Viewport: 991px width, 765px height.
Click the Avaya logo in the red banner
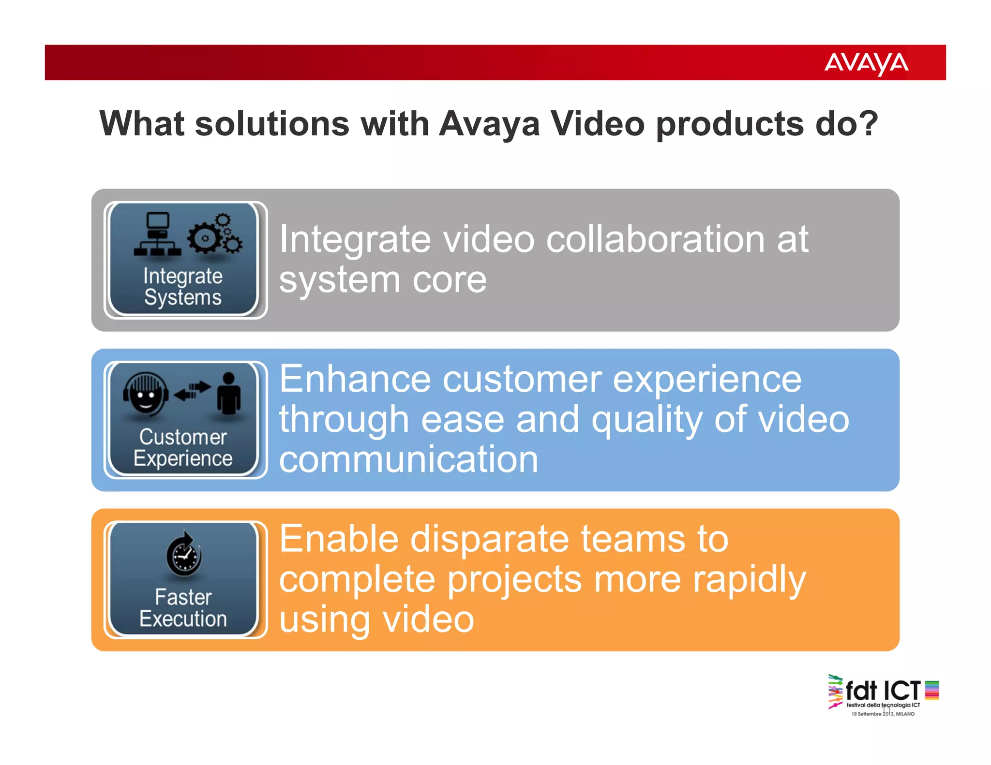(866, 63)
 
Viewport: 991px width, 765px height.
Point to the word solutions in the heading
(272, 124)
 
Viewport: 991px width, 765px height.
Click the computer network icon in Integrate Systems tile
(158, 235)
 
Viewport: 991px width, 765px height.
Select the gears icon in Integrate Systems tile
(214, 235)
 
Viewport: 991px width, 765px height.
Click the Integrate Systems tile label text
(183, 286)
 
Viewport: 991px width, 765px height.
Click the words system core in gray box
(383, 280)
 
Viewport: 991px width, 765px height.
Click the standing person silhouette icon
(228, 394)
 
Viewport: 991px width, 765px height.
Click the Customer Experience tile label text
(183, 447)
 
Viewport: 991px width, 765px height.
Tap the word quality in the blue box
(647, 420)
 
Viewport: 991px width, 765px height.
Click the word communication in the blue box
(408, 459)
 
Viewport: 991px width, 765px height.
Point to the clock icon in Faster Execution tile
(184, 555)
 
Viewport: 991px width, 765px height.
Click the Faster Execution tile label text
(183, 608)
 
